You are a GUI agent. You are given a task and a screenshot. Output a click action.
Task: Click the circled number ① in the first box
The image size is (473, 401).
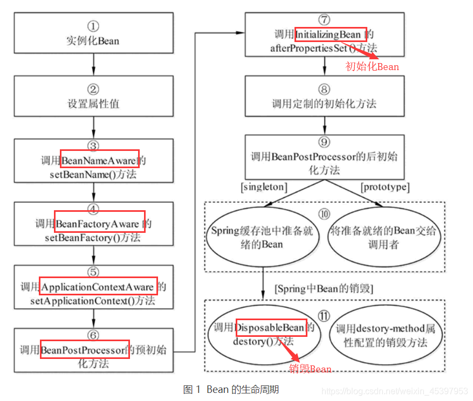94,25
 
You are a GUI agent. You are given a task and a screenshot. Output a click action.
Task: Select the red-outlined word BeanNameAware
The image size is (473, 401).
100,160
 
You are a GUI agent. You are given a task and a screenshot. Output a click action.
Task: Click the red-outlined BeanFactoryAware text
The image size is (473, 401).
100,223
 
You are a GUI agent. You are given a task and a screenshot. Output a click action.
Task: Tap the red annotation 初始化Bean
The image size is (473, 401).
372,67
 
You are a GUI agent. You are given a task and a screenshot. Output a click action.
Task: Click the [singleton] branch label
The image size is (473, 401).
264,187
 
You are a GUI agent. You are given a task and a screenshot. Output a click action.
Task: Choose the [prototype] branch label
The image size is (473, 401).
385,187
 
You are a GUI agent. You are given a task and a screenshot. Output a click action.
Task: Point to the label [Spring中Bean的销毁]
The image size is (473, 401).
324,288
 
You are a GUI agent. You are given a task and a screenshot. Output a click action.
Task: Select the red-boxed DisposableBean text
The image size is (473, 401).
271,327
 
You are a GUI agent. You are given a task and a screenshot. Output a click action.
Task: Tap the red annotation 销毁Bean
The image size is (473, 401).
311,369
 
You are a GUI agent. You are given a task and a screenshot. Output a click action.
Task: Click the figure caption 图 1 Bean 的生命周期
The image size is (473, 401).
231,389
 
